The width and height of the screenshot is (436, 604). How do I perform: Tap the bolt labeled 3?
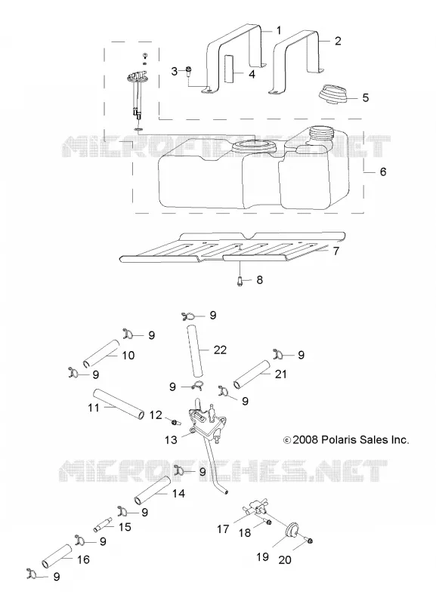click(188, 71)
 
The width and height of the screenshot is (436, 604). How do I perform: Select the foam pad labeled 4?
click(230, 69)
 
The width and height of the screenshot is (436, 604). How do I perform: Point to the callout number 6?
click(382, 171)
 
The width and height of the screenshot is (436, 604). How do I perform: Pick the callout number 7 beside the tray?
click(336, 251)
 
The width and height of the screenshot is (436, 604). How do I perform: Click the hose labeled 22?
click(195, 351)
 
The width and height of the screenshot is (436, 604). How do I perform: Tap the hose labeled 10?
click(101, 353)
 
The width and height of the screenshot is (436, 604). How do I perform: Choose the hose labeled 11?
click(119, 404)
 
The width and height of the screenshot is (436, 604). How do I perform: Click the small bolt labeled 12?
click(176, 422)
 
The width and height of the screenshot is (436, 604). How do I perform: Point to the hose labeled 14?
click(152, 490)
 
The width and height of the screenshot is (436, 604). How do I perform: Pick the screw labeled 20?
click(309, 540)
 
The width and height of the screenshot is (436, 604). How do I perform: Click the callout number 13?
click(171, 439)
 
